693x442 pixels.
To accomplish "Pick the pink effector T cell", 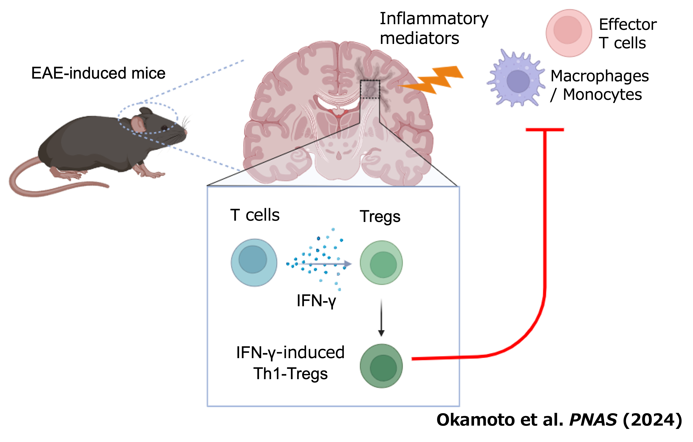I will point(568,33).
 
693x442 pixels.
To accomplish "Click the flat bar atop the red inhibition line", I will point(545,130).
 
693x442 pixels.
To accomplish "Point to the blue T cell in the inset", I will point(254,262).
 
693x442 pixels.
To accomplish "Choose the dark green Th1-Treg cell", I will point(381,366).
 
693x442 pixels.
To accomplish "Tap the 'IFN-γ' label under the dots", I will point(316,301).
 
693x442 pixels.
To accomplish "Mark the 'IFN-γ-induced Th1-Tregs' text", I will point(290,363).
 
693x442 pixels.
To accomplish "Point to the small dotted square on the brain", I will point(370,89).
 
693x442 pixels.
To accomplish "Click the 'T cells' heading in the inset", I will point(255,215).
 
